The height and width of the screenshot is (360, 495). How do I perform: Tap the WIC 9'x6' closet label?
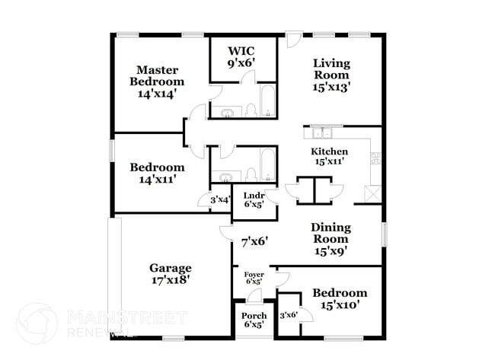click(x=235, y=59)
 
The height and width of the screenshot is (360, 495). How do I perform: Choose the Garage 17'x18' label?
click(x=170, y=273)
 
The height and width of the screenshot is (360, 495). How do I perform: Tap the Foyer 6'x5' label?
click(x=254, y=279)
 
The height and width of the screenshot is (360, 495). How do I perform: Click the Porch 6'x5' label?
click(x=254, y=320)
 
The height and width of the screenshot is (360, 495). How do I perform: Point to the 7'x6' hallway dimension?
click(x=249, y=241)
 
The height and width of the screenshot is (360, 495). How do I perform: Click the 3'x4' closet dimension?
click(x=220, y=200)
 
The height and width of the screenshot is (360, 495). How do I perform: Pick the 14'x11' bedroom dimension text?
click(x=156, y=180)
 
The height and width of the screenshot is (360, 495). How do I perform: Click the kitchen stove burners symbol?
click(x=375, y=159)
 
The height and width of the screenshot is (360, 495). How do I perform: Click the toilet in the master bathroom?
click(x=249, y=112)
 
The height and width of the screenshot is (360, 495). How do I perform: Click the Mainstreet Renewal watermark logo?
click(x=37, y=322)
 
